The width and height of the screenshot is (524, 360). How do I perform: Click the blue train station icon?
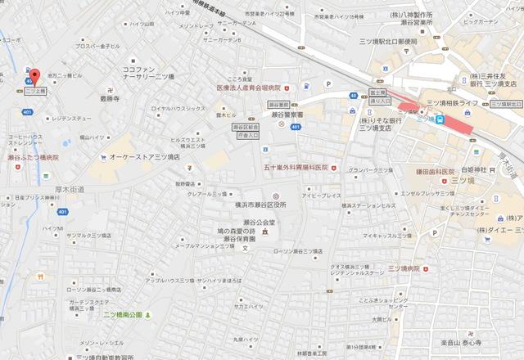(441, 119)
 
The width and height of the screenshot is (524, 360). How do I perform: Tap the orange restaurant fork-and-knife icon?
(38, 277)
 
